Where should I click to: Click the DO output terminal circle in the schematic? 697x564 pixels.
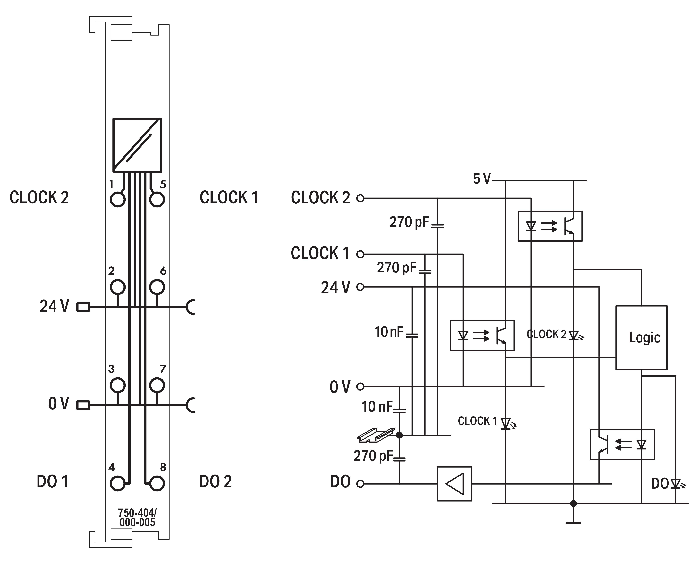tap(360, 484)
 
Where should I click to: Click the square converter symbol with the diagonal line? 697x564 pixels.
tap(137, 145)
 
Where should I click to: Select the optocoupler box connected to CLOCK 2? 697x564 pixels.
tap(550, 226)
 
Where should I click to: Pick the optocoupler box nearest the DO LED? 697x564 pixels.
tap(622, 444)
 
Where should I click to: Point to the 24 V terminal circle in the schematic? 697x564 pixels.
tap(360, 287)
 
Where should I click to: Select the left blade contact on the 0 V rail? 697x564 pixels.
tap(83, 405)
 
